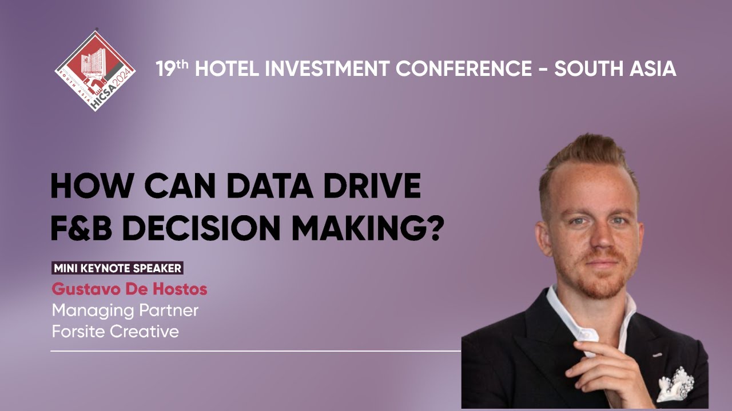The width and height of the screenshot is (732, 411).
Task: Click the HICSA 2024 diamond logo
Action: (x=95, y=70)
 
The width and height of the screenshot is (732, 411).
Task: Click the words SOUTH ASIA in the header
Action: (x=615, y=69)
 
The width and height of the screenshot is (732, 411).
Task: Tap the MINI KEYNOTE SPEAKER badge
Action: (x=117, y=268)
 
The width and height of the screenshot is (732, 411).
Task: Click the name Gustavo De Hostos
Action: (x=129, y=289)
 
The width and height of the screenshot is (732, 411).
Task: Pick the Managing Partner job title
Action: (x=125, y=310)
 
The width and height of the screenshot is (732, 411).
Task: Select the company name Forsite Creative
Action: (x=115, y=331)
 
